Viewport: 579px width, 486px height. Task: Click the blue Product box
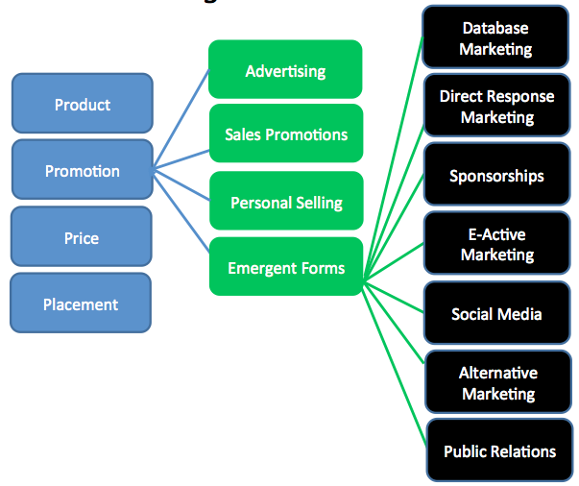click(82, 104)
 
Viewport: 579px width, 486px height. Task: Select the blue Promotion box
click(82, 171)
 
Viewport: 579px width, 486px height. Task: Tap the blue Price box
click(82, 237)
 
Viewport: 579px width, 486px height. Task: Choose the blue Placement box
click(81, 304)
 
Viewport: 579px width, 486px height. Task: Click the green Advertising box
click(285, 71)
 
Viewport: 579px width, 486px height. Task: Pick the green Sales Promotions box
click(285, 134)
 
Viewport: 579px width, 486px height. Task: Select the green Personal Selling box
click(285, 203)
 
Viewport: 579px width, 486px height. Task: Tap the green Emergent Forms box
click(285, 268)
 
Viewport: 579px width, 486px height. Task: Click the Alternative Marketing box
click(496, 383)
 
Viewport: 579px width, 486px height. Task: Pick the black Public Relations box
click(499, 451)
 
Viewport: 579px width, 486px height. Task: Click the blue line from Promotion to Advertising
click(181, 120)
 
